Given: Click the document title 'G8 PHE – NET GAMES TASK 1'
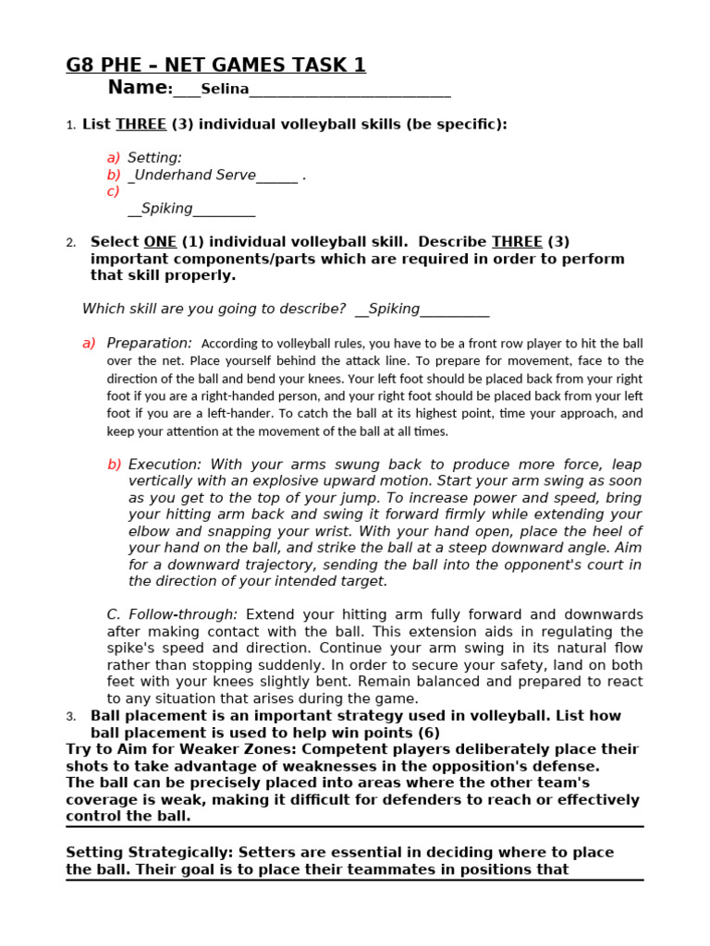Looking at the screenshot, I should tap(215, 65).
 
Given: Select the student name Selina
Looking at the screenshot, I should tap(225, 90).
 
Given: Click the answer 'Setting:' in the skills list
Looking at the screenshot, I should tap(154, 158).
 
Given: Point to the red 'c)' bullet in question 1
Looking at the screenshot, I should tap(113, 191).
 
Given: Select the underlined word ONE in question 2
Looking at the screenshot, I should tap(160, 242).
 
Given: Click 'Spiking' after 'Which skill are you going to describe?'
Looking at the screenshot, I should tap(395, 309).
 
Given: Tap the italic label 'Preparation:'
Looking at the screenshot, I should tap(150, 343).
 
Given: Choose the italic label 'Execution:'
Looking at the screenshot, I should tap(165, 465).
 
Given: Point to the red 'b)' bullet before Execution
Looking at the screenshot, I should tap(114, 465).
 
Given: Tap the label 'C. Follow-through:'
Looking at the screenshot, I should tap(172, 614).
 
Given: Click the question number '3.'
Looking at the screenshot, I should tap(71, 717).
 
